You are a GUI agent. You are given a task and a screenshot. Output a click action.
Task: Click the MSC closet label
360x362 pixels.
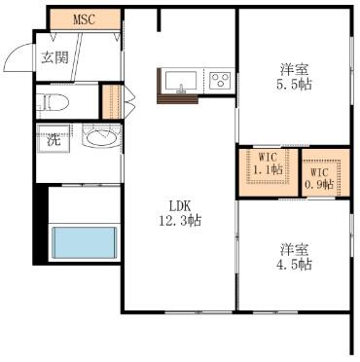click(x=84, y=19)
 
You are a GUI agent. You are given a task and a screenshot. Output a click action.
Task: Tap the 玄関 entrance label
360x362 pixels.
click(x=54, y=57)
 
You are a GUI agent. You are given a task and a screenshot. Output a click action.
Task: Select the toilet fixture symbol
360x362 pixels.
click(x=52, y=102)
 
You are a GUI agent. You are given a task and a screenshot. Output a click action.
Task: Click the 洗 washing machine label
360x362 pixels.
click(x=54, y=139)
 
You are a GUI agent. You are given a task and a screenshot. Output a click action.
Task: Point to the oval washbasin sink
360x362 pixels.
click(x=102, y=138)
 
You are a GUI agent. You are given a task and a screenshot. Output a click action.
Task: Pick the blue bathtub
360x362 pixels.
click(x=85, y=242)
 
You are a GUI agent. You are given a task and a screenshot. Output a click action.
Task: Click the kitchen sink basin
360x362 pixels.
click(x=181, y=81)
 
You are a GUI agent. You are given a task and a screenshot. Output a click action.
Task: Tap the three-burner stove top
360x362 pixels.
click(x=220, y=80)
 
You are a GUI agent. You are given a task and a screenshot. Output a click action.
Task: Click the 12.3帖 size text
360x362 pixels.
click(x=180, y=221)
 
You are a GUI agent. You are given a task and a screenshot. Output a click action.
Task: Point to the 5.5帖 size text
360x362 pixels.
click(x=294, y=85)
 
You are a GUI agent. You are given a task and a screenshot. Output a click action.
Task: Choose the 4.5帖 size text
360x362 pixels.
click(x=294, y=265)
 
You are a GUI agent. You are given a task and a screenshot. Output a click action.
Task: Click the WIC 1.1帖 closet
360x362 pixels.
click(x=269, y=172)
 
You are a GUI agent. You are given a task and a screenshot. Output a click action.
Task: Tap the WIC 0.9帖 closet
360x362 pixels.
click(x=326, y=172)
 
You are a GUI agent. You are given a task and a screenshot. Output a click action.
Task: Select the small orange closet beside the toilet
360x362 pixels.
click(x=112, y=102)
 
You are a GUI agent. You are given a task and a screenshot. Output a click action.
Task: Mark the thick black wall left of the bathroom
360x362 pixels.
click(x=40, y=225)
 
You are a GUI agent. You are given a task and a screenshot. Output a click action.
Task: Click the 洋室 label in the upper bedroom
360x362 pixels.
click(x=294, y=70)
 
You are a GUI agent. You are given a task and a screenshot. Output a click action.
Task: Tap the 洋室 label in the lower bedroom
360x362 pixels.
click(x=294, y=250)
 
